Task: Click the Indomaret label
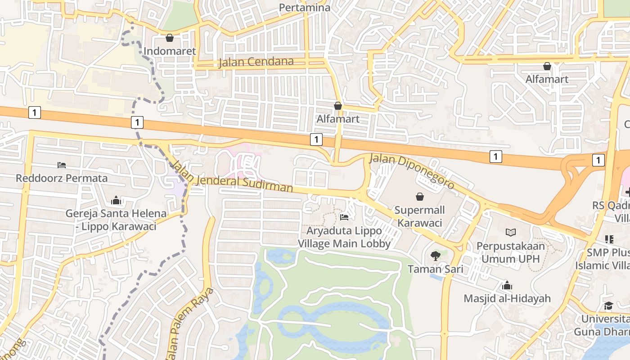pos(170,51)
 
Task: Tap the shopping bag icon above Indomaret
pos(170,38)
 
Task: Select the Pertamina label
pos(305,8)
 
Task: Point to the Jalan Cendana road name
pos(256,62)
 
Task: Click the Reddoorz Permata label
pos(62,178)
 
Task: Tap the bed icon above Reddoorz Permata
pos(62,165)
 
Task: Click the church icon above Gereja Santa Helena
pos(116,200)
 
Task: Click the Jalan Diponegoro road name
pos(412,171)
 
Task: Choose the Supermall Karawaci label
pos(419,216)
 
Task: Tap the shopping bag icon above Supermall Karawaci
pos(420,197)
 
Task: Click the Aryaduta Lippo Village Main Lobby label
pos(344,237)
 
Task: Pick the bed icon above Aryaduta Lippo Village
pos(344,217)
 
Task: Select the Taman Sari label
pos(435,269)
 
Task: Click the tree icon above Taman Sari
pos(435,256)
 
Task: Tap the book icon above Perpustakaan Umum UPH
pos(511,232)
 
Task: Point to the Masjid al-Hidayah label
pos(507,298)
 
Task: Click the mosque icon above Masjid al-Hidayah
pos(507,285)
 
